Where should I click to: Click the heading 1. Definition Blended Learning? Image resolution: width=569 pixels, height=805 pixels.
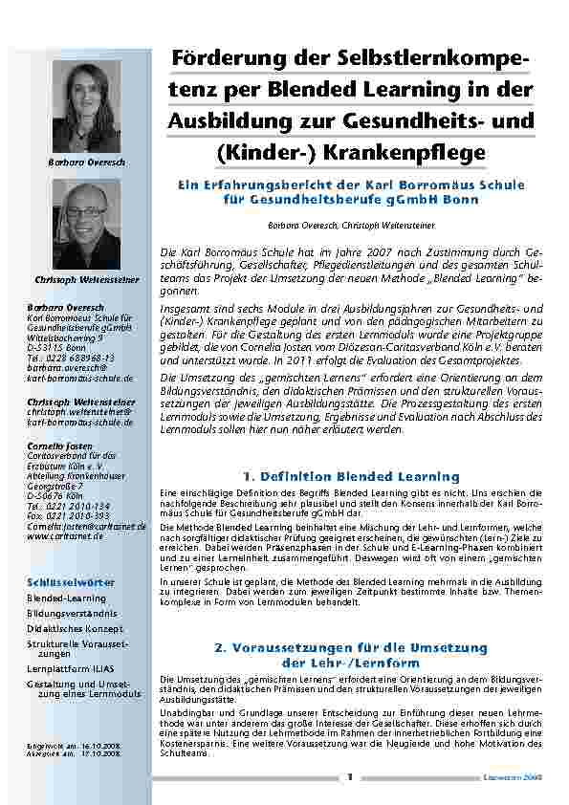click(351, 476)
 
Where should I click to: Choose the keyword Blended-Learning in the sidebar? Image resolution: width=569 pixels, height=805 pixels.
click(66, 598)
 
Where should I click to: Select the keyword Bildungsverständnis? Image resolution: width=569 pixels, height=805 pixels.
click(73, 614)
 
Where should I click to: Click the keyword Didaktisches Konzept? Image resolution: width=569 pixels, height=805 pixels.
click(75, 629)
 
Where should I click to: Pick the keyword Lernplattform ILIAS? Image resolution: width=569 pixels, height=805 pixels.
click(71, 669)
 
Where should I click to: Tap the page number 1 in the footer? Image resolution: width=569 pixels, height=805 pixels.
click(350, 777)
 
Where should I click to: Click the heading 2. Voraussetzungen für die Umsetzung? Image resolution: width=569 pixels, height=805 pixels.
click(351, 647)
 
